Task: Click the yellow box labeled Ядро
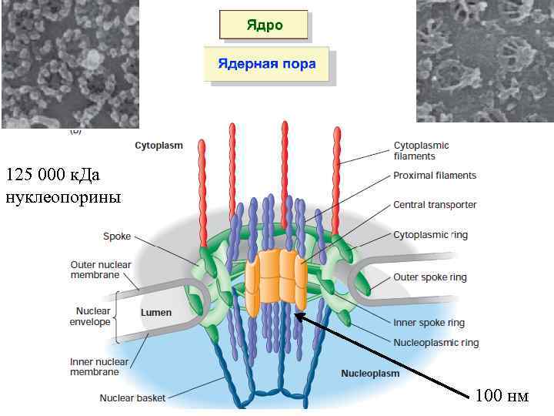click(264, 25)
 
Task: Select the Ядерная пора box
click(266, 64)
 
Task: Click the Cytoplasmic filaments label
click(421, 150)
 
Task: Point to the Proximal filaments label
click(435, 176)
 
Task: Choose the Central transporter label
click(435, 205)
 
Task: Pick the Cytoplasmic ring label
click(430, 234)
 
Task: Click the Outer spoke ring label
click(429, 277)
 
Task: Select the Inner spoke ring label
click(429, 323)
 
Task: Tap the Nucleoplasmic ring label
click(436, 342)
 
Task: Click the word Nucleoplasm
click(370, 373)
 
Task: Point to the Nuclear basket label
click(132, 398)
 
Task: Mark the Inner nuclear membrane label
click(94, 367)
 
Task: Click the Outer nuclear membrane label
click(101, 270)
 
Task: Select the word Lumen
click(156, 312)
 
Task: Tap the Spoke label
click(117, 237)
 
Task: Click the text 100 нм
click(502, 396)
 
